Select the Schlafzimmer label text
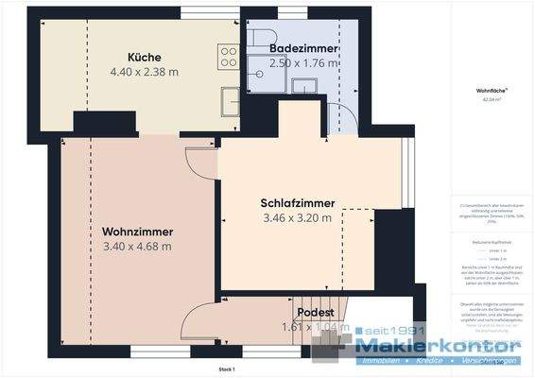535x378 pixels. [x=297, y=203]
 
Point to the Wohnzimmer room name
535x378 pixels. [x=136, y=231]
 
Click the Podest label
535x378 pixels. [x=312, y=312]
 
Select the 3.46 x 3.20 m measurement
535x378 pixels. [x=297, y=218]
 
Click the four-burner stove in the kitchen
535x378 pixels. [x=229, y=57]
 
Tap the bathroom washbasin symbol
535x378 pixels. [x=304, y=87]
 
